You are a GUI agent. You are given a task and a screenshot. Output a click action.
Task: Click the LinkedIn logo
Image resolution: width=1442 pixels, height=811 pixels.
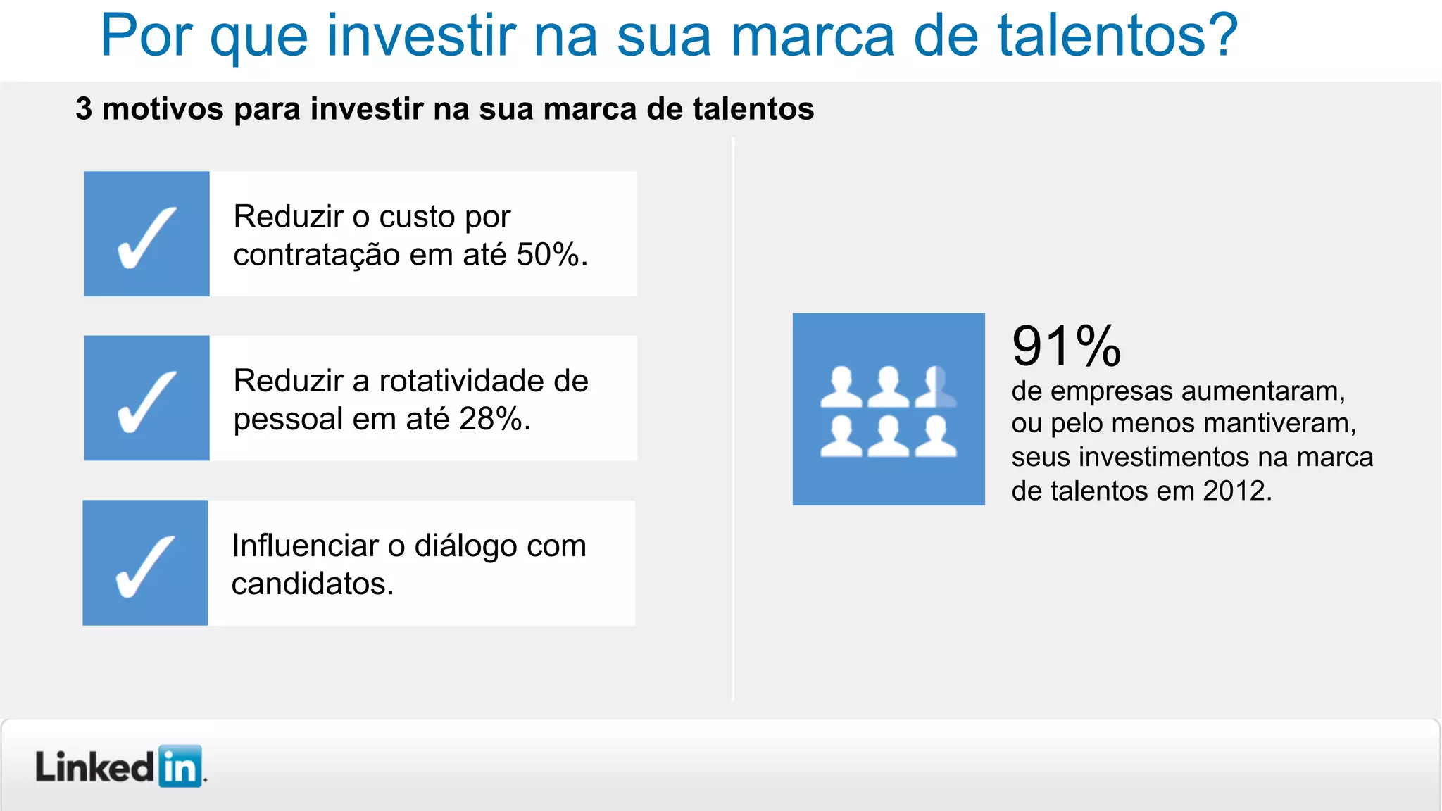[120, 767]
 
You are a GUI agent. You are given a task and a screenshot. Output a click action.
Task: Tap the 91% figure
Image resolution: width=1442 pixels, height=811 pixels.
[1066, 346]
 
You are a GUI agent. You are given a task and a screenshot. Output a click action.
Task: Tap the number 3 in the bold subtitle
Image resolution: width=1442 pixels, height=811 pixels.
[84, 109]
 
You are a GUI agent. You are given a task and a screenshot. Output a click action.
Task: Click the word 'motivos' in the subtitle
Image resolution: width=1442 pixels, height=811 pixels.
[163, 109]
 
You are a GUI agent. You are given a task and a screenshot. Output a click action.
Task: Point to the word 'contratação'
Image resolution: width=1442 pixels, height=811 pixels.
[316, 255]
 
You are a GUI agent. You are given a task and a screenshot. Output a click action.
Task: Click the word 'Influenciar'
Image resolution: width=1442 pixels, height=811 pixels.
[306, 546]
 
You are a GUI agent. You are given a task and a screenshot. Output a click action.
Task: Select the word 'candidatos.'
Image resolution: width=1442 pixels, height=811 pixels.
[313, 584]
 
